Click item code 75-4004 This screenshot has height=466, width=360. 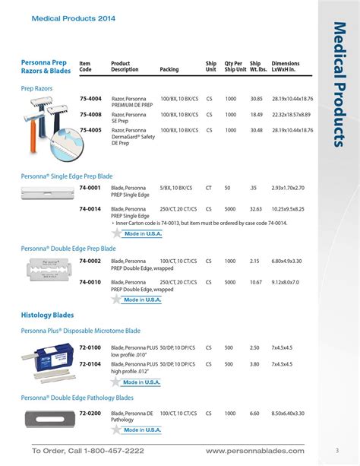[x=90, y=100]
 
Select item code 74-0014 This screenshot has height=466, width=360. [x=90, y=209]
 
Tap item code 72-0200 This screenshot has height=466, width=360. [x=90, y=414]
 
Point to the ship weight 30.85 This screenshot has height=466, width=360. [x=257, y=100]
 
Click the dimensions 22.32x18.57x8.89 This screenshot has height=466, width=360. [x=292, y=115]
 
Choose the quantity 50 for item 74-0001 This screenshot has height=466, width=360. [x=227, y=187]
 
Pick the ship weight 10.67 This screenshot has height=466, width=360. [x=257, y=282]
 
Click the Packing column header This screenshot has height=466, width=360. [x=169, y=70]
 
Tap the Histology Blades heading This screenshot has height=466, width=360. [x=47, y=315]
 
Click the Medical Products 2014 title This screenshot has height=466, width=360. [x=63, y=18]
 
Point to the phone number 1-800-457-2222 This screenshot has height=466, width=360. [x=106, y=451]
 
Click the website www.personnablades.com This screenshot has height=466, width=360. [x=254, y=451]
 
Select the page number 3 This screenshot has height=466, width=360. [x=336, y=451]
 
